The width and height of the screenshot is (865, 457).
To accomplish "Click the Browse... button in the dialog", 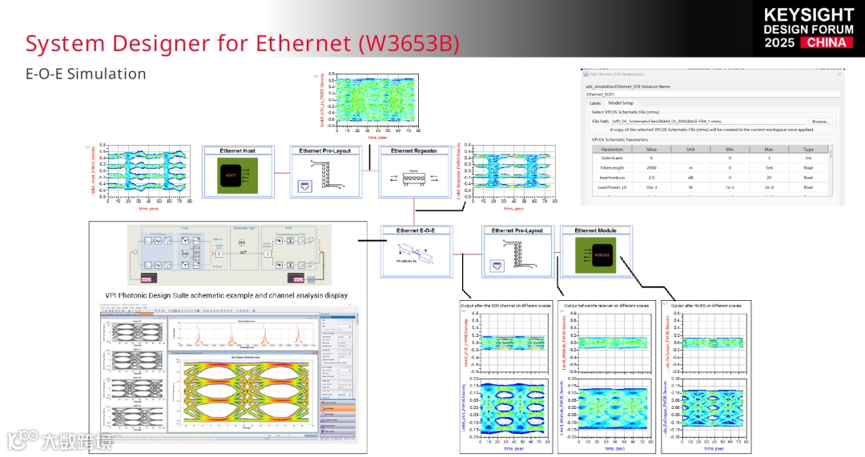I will point(821,121).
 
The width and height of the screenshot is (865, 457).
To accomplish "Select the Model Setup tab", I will point(621,102).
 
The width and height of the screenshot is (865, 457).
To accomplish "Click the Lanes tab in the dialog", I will point(595,102).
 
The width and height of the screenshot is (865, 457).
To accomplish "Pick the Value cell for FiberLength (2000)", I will point(651,167).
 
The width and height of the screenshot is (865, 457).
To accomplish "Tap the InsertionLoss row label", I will point(612,177).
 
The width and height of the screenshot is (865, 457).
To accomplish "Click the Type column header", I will point(808,149).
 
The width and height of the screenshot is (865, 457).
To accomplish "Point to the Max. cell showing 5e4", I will point(769,167).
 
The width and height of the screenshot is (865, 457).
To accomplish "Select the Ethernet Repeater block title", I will point(413,150).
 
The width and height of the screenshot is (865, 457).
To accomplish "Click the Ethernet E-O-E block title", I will point(413,231).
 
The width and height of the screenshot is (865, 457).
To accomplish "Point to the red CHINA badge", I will point(827,42).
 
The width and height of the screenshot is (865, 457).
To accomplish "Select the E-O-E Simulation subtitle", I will point(86,74).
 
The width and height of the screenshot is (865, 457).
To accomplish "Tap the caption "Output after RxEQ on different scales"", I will point(706,306).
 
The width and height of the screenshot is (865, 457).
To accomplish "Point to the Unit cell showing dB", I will point(690,177).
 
